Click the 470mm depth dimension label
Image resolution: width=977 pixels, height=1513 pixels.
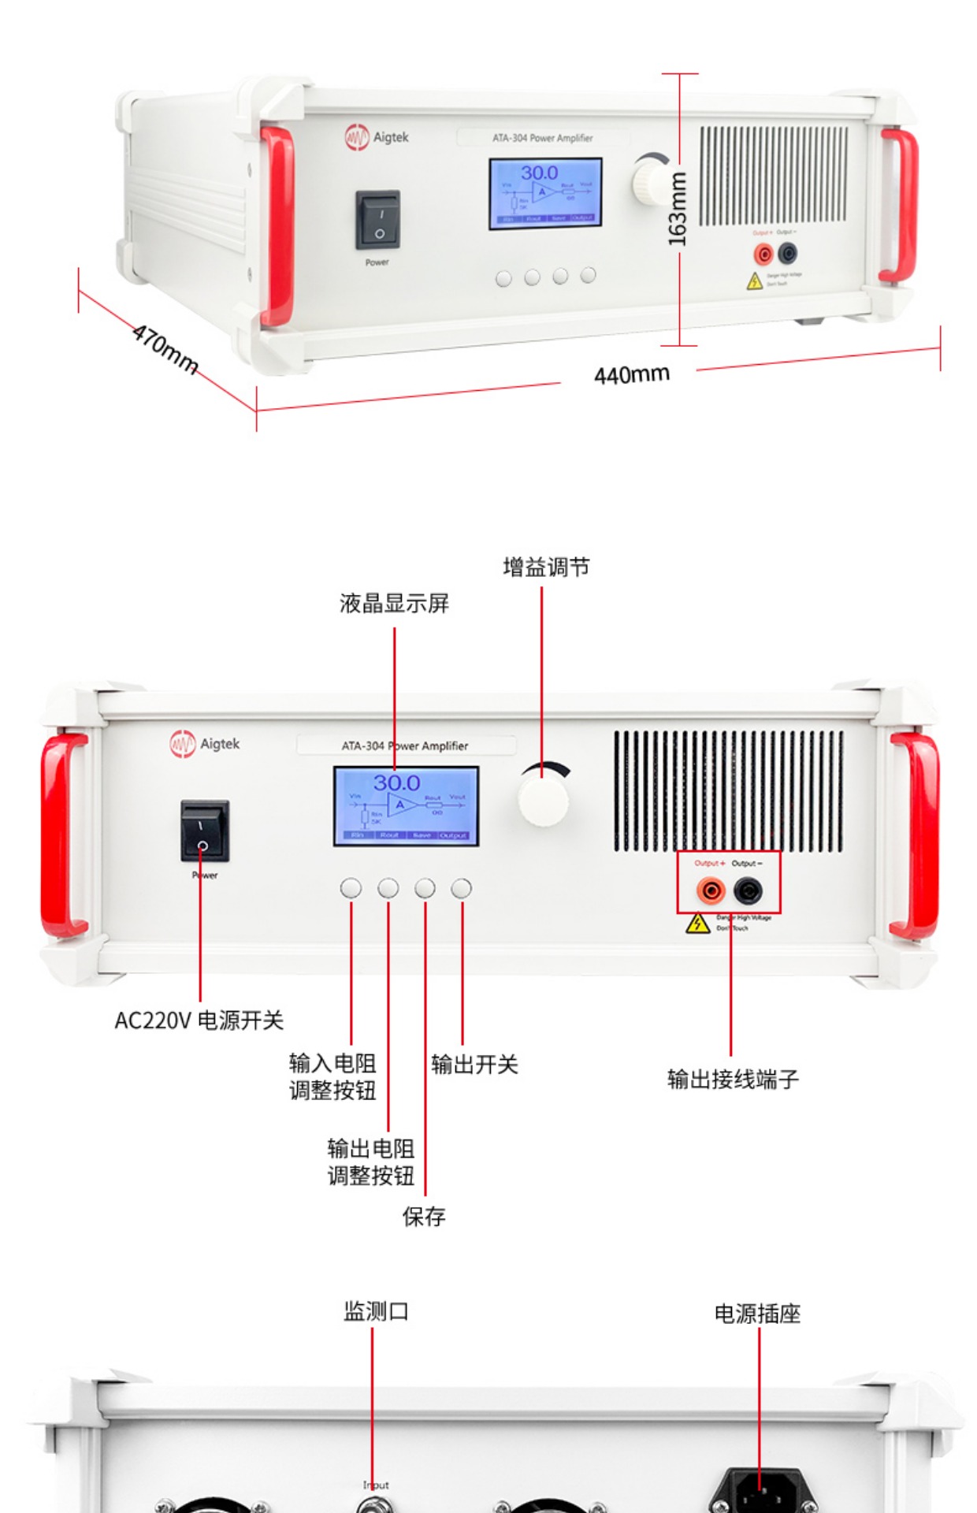tap(165, 348)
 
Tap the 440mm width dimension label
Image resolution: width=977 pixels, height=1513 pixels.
tap(631, 374)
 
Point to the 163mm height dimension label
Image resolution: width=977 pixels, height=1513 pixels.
tap(677, 209)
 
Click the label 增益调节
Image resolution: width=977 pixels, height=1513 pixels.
tap(546, 567)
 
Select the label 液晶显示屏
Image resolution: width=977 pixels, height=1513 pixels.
tap(394, 604)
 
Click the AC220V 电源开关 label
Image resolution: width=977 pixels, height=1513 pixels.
tap(199, 1020)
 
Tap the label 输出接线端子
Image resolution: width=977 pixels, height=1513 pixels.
tap(733, 1079)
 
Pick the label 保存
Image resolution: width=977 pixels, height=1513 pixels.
tap(424, 1217)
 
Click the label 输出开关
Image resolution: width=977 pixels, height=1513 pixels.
tap(474, 1065)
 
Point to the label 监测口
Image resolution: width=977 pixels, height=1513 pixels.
tap(376, 1311)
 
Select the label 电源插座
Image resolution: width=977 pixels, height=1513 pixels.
tap(757, 1314)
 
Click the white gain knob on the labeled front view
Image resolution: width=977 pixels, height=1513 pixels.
tap(543, 799)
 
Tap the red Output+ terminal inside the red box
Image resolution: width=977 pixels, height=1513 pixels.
tap(711, 891)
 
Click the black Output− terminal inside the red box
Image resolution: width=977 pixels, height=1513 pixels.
tap(748, 891)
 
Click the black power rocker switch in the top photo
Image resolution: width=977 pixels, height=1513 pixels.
tap(378, 220)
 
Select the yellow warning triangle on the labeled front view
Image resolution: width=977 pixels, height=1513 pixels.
tap(698, 924)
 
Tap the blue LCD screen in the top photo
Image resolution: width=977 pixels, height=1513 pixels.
tap(545, 194)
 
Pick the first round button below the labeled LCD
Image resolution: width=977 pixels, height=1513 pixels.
tap(351, 888)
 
